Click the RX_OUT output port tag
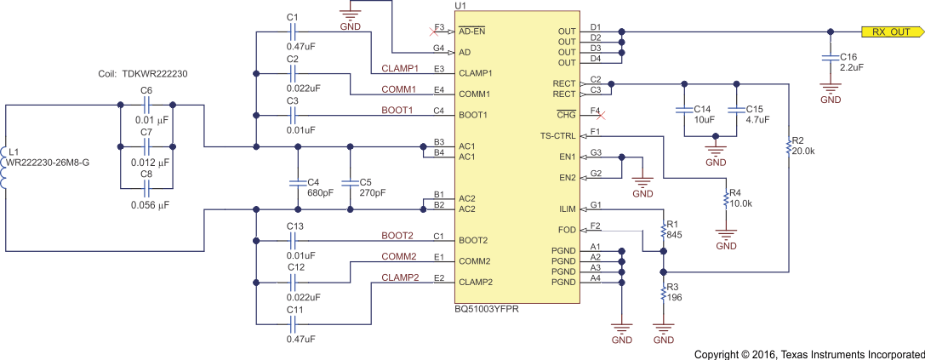click(x=892, y=32)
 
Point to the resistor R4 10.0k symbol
click(x=725, y=200)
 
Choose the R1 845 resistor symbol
click(x=663, y=231)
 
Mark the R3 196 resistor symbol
click(x=663, y=294)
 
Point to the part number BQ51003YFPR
click(x=487, y=310)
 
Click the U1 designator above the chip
click(x=460, y=6)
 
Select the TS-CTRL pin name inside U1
click(x=557, y=136)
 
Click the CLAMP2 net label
click(x=398, y=277)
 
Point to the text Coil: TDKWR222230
click(x=143, y=74)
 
